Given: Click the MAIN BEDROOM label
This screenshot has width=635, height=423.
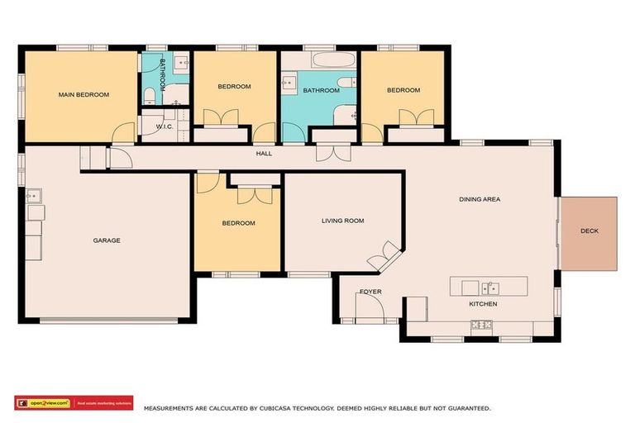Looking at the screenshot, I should (x=84, y=95).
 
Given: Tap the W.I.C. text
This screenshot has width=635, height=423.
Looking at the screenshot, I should (x=165, y=126).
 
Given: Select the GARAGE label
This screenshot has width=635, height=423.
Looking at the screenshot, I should (x=107, y=240).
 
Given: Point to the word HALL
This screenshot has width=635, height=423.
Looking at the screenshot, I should (x=264, y=153).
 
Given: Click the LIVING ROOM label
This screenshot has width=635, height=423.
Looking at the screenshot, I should (x=342, y=221).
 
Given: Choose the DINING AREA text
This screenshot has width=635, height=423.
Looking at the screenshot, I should (x=480, y=199).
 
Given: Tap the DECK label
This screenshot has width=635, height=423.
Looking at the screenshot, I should (x=589, y=231).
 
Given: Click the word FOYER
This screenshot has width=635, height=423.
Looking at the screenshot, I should (x=370, y=292).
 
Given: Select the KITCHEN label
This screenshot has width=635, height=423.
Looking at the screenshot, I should (x=483, y=304).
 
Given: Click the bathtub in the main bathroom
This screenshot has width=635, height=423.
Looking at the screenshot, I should (x=334, y=61).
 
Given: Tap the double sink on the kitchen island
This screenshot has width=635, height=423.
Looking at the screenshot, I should (x=489, y=288).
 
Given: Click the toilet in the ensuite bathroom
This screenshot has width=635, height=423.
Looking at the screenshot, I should (x=148, y=96).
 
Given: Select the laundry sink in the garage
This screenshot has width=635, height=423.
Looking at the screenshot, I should (x=34, y=196).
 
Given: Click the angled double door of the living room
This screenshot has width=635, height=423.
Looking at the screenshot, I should (x=384, y=256).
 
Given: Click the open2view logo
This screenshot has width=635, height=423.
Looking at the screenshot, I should (x=42, y=403).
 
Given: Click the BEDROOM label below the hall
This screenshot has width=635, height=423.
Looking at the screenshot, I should (x=238, y=223).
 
